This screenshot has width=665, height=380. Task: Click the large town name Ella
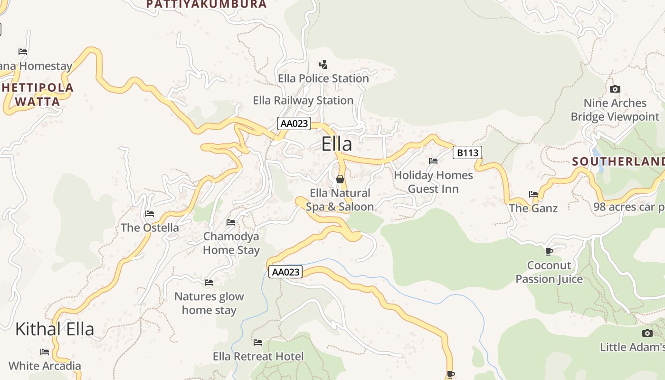(337, 144)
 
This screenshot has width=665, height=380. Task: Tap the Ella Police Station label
(323, 78)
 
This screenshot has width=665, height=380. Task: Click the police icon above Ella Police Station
(323, 64)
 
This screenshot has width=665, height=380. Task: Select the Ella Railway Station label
(303, 100)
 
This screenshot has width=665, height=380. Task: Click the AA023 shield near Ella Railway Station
(294, 124)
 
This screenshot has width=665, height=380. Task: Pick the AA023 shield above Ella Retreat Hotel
(285, 272)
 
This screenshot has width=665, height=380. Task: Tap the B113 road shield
(467, 152)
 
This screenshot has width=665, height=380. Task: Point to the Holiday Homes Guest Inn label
(433, 182)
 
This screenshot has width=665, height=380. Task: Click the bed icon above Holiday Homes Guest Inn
(433, 161)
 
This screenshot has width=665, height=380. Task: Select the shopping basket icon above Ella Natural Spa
(340, 179)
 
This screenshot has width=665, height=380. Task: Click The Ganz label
(533, 208)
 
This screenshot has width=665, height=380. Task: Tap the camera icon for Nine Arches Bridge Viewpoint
(615, 89)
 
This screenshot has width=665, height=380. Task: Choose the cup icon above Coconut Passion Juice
(549, 251)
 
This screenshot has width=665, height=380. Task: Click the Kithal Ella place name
(55, 329)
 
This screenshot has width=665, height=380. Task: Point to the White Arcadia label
(45, 366)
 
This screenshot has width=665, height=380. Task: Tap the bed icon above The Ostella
(150, 214)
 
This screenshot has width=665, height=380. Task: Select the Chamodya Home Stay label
(231, 243)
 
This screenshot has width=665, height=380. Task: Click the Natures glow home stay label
(209, 303)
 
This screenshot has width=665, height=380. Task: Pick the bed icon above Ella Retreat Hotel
(258, 342)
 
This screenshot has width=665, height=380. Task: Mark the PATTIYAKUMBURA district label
(207, 4)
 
